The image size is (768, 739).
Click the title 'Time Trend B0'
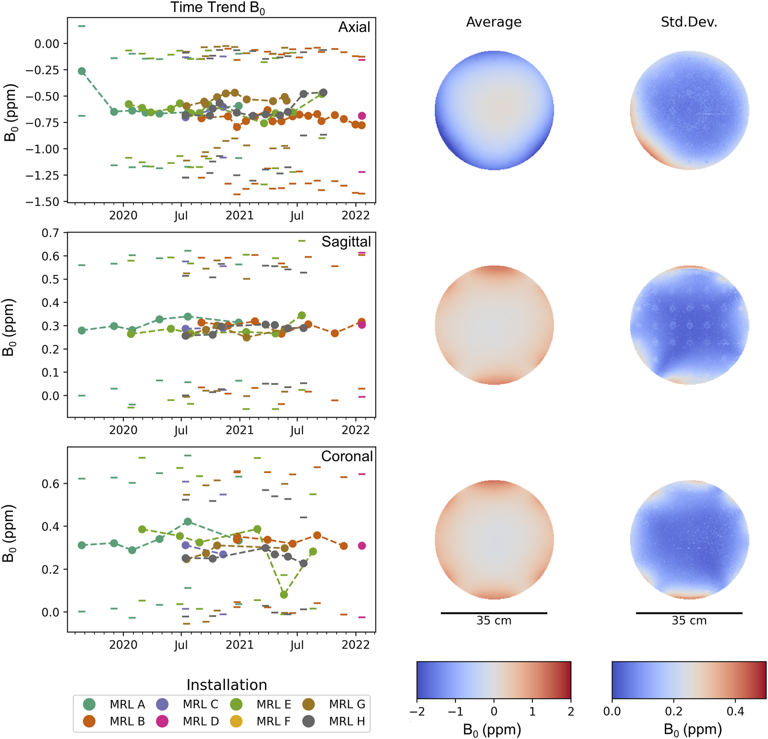pyautogui.click(x=217, y=8)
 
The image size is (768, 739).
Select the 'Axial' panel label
pyautogui.click(x=354, y=27)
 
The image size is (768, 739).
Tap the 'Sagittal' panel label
pyautogui.click(x=346, y=242)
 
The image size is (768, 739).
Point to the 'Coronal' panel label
pyautogui.click(x=347, y=456)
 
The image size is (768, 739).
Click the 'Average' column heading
pyautogui.click(x=494, y=22)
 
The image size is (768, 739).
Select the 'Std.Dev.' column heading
pyautogui.click(x=689, y=22)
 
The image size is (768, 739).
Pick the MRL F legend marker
pyautogui.click(x=236, y=721)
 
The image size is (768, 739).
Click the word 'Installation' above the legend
pyautogui.click(x=227, y=685)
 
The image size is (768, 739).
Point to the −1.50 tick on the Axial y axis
pyautogui.click(x=42, y=202)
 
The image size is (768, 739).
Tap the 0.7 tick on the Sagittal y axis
pyautogui.click(x=50, y=233)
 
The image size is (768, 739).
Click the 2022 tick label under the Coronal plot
pyautogui.click(x=355, y=645)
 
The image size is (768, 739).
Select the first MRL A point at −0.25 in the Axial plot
pyautogui.click(x=81, y=71)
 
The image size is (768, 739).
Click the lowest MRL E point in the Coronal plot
pyautogui.click(x=284, y=595)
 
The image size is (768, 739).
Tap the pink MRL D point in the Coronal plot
pyautogui.click(x=362, y=546)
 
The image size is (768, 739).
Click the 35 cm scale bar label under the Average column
pyautogui.click(x=494, y=621)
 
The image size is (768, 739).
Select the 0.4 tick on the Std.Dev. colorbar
pyautogui.click(x=735, y=712)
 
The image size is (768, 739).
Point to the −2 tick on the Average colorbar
pyautogui.click(x=417, y=712)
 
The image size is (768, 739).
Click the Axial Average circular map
pyautogui.click(x=494, y=110)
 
